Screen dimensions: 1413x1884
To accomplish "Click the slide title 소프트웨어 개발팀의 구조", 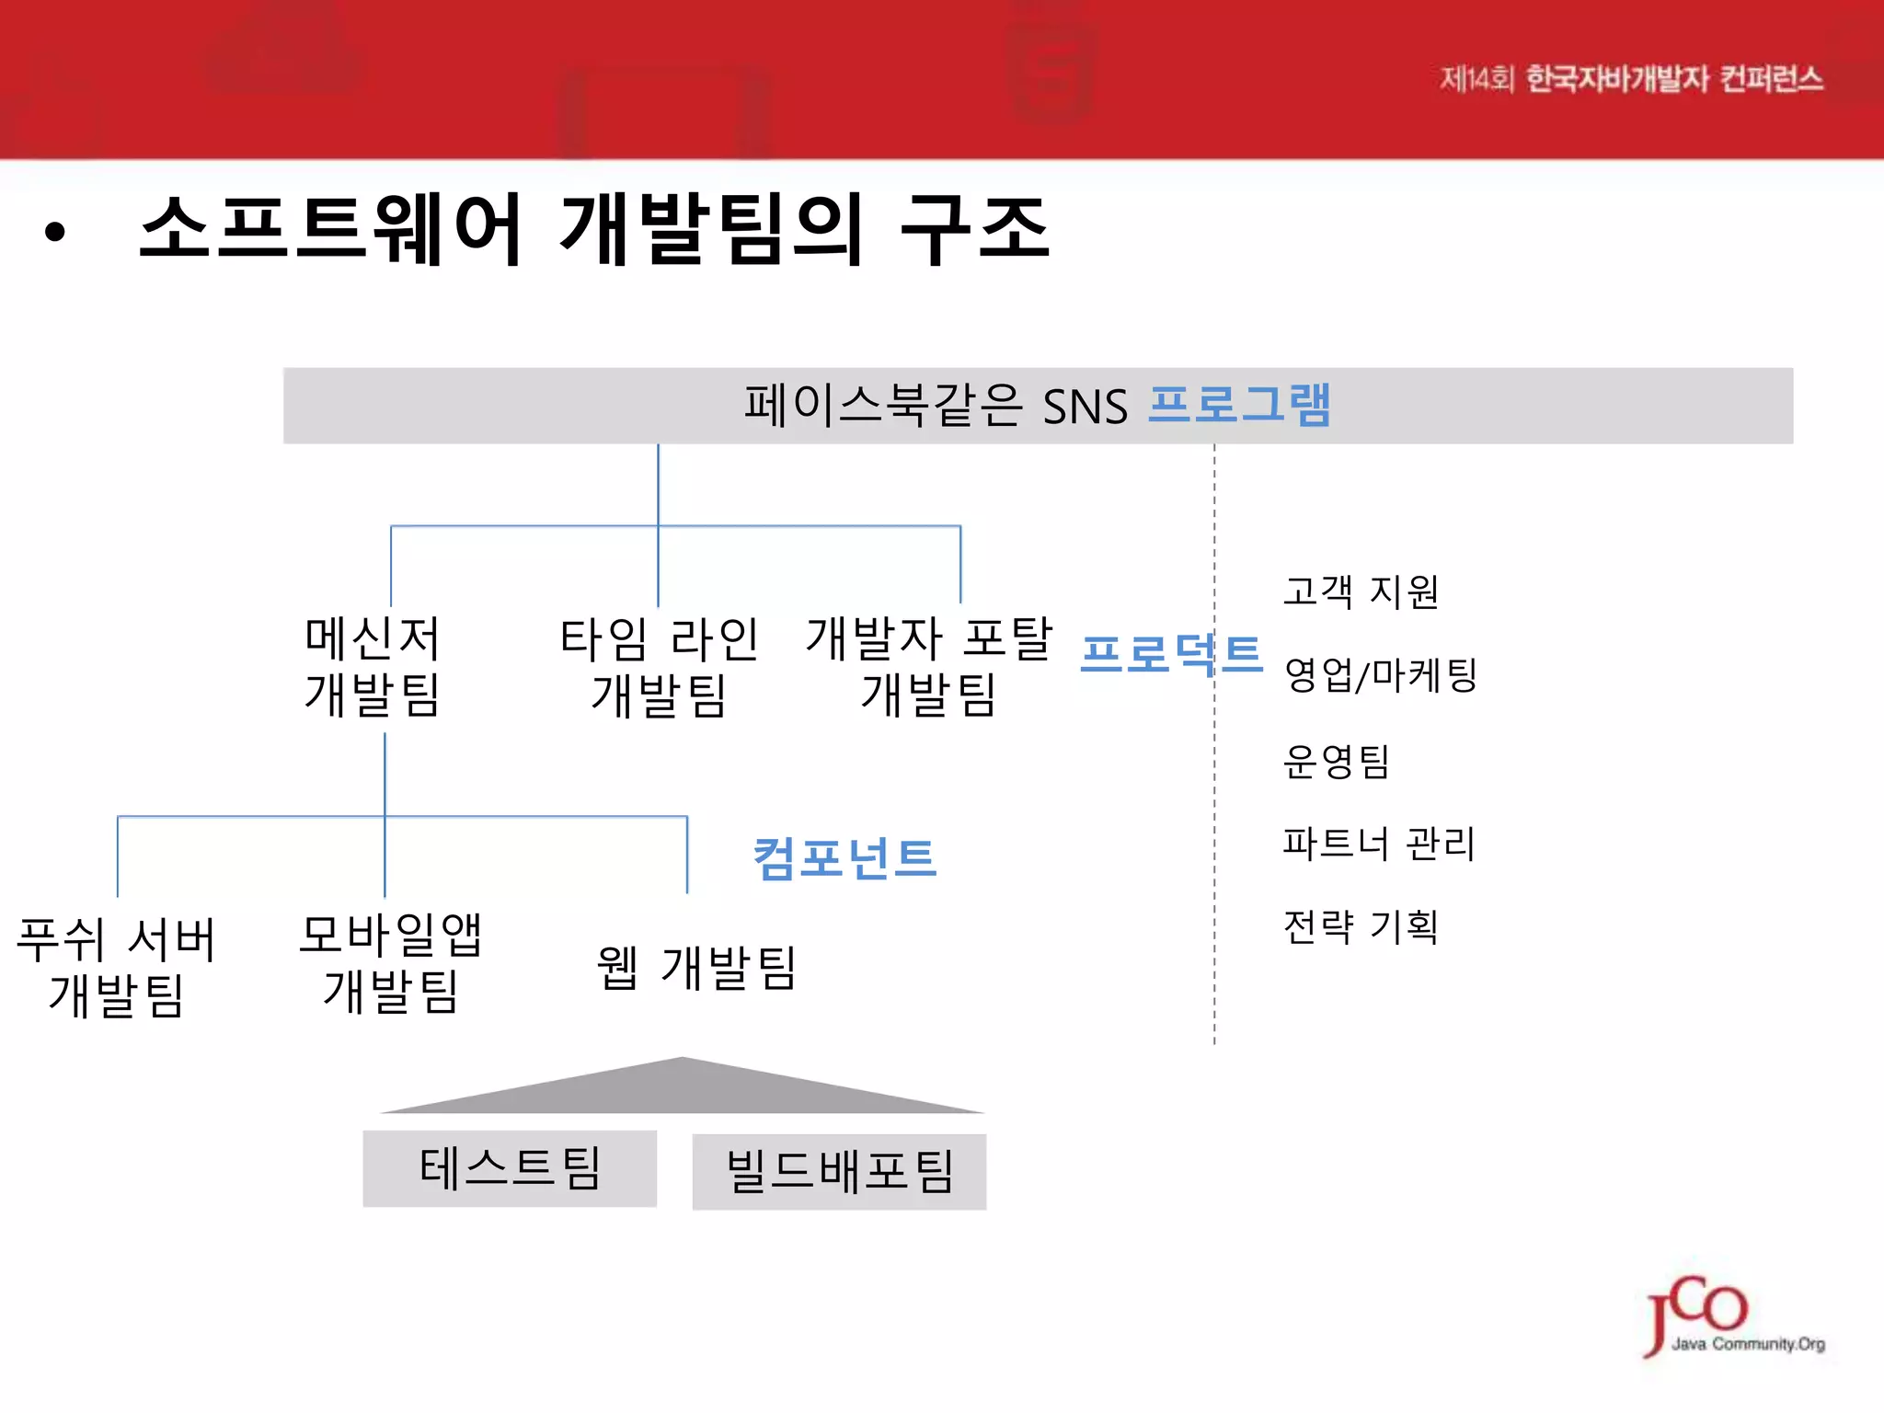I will coord(593,230).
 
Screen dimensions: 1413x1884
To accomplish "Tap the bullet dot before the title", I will coord(55,232).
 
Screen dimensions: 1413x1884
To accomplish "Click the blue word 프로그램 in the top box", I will coord(1239,405).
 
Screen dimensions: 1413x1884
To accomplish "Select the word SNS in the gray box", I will coord(1085,407).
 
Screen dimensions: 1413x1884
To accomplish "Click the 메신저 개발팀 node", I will coord(373,666).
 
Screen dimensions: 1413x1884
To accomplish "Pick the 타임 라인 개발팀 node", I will coord(659,666).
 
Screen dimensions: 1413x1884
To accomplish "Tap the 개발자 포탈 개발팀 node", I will coord(928,666).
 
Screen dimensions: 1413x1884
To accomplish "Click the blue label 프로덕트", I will coord(1171,654).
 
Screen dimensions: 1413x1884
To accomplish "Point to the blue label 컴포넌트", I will coord(844,858).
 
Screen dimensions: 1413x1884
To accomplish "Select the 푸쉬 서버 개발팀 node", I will coord(117,967).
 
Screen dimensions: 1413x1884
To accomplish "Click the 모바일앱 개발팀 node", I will coord(391,963).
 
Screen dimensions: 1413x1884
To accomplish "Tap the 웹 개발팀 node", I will coord(696,968).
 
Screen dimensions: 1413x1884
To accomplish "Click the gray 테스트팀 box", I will coord(510,1168).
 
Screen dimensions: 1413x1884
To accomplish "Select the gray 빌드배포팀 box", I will coord(839,1171).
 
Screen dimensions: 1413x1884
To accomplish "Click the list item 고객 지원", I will coord(1361,592).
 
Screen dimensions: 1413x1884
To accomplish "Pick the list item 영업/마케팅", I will coord(1380,675).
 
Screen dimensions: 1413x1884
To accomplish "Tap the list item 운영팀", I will coord(1336,761).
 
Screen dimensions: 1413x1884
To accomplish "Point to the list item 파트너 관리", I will coord(1379,844).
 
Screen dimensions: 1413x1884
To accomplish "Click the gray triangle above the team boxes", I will coord(683,1091).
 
